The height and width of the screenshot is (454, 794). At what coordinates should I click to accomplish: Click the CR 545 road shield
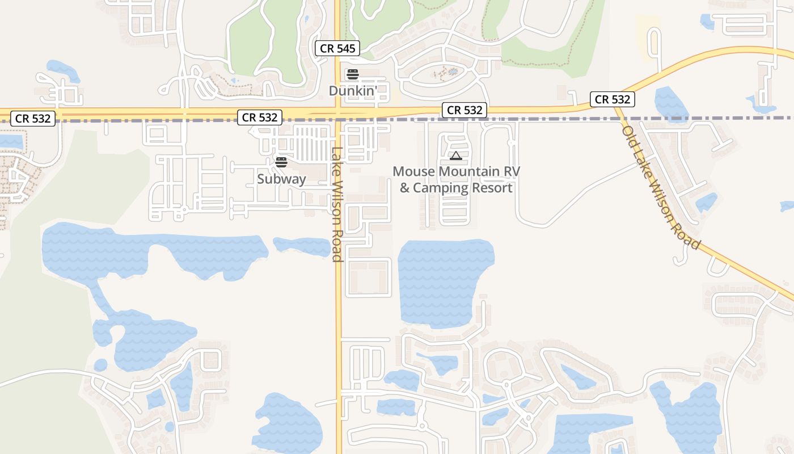point(337,49)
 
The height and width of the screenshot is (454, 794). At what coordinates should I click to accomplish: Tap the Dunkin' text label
point(353,91)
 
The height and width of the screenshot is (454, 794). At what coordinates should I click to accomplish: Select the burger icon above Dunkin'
point(353,74)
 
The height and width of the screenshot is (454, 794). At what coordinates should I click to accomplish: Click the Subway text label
point(281,179)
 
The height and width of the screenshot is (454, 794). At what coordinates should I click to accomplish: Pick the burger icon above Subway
point(281,162)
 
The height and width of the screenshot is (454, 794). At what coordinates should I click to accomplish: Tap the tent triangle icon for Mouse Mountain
point(455,155)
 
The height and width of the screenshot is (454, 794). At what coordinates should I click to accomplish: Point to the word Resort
point(491,188)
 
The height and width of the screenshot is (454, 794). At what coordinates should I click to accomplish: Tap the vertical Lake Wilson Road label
point(337,204)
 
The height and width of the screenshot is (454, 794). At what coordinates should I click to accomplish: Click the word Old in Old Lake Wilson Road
point(630,136)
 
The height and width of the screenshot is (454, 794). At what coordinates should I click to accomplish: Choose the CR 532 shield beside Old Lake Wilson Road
point(612,99)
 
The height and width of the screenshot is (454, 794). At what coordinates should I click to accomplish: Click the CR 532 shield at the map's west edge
point(33,119)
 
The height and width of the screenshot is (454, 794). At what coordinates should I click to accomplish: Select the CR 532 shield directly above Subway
point(260,117)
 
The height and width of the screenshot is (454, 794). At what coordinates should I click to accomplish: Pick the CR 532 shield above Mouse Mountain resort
point(464,110)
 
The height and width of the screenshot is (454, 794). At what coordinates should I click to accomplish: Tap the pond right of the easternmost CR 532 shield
point(670,102)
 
